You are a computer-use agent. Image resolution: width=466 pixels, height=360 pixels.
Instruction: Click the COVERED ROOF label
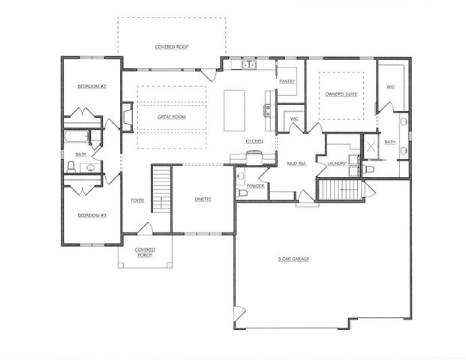[172, 47]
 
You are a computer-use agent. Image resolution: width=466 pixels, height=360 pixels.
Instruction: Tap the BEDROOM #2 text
[92, 87]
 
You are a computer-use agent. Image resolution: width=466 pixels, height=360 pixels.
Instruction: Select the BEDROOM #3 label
[92, 215]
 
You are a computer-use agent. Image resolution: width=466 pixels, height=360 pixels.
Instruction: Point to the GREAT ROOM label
[172, 118]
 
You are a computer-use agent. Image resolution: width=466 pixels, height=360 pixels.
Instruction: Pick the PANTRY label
[287, 81]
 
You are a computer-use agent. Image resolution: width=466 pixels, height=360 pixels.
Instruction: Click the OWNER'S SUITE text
[341, 94]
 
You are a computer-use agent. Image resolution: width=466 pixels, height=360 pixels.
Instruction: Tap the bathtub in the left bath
[76, 139]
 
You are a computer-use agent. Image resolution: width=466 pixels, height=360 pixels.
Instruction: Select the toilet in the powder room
[242, 193]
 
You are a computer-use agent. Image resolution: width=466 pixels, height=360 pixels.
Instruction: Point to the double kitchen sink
[248, 66]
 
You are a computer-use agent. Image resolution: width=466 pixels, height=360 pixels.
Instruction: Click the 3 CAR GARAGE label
[293, 259]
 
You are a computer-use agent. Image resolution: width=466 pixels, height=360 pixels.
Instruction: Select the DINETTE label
[203, 199]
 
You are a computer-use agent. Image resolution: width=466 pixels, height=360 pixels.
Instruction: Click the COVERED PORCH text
[145, 252]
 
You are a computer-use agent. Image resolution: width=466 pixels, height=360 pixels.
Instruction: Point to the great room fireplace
[127, 116]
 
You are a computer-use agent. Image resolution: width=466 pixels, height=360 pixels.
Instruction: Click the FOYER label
[137, 200]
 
